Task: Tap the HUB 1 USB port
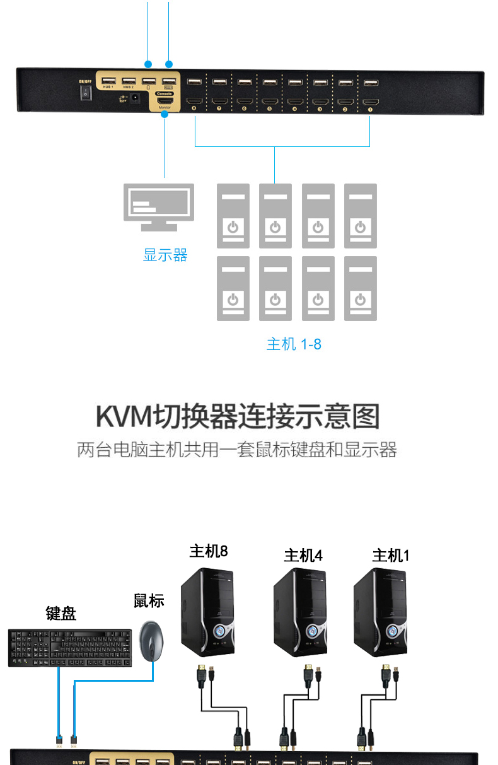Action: point(108,81)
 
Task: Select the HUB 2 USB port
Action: point(129,81)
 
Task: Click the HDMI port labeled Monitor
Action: point(165,101)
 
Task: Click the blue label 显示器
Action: point(165,255)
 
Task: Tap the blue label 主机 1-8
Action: point(294,344)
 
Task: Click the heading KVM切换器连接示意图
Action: point(238,417)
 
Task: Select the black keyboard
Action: point(69,647)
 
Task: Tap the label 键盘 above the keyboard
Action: point(61,613)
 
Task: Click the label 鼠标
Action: point(149,600)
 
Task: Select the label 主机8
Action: point(209,551)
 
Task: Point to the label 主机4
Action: point(303,555)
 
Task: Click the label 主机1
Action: point(391,555)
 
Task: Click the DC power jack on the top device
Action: point(134,99)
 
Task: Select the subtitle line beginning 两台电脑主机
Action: point(237,450)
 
